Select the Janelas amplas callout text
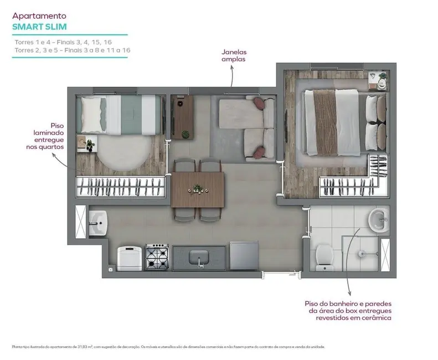(232, 55)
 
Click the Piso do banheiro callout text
(349, 311)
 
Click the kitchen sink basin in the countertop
(199, 257)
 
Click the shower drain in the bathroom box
(361, 254)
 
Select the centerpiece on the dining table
(197, 188)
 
